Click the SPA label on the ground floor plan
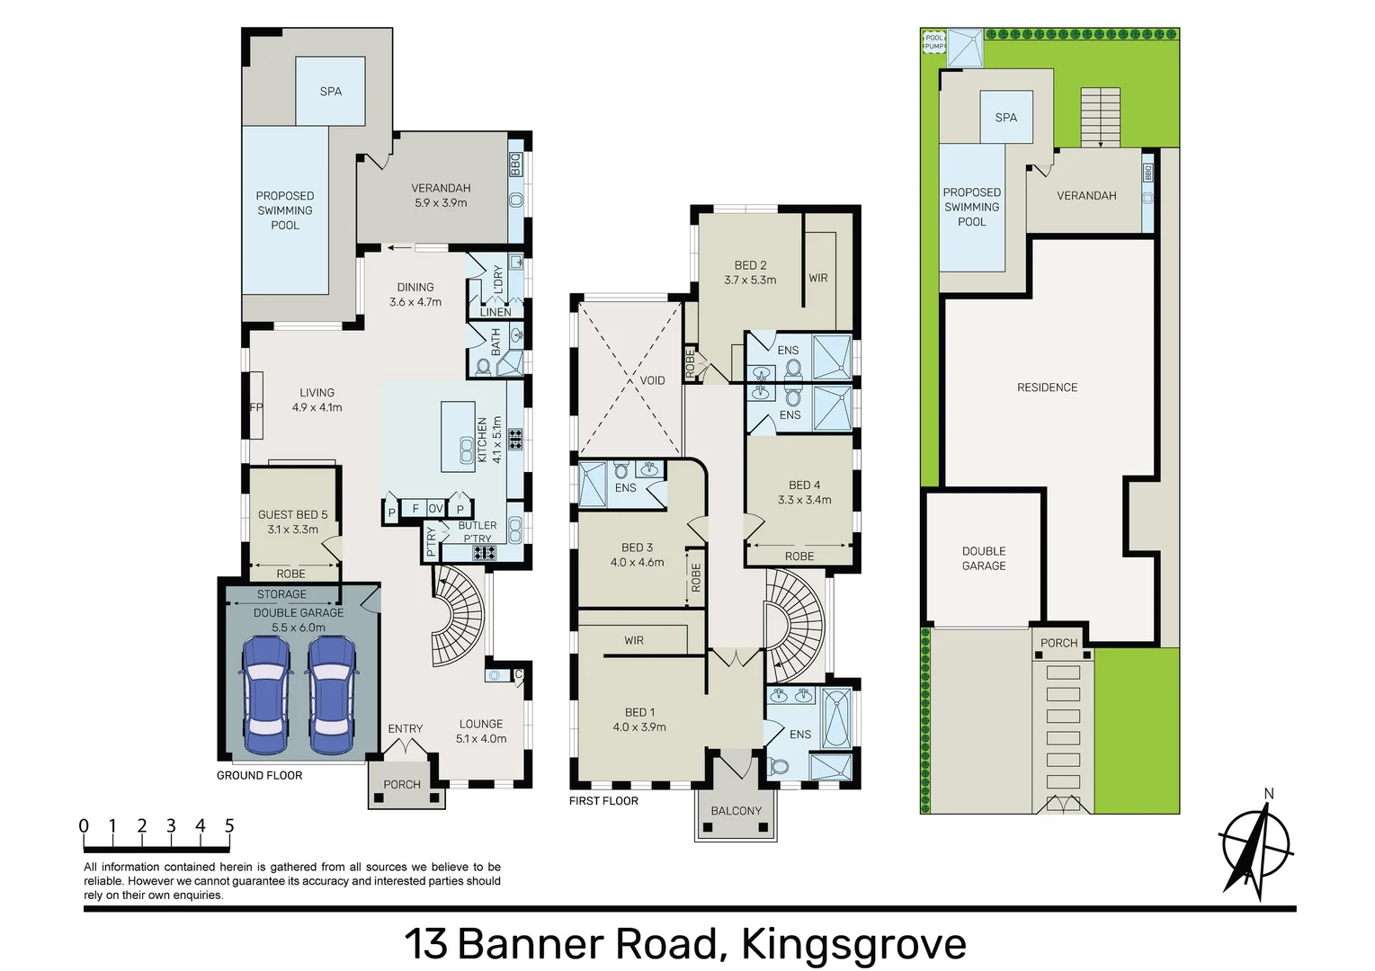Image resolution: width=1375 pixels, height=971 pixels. tap(330, 92)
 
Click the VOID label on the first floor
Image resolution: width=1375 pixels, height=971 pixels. tap(652, 380)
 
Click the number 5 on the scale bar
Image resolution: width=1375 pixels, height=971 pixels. tap(229, 825)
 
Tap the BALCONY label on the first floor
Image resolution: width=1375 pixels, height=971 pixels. tap(736, 811)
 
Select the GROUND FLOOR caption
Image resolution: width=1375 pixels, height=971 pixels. tap(259, 775)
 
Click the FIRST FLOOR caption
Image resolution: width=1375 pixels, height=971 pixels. tap(603, 801)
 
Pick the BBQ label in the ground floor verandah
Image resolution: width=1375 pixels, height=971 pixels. tap(515, 164)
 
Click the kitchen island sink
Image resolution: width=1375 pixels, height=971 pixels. tap(467, 450)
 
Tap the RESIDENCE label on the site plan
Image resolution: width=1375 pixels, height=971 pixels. tap(1047, 388)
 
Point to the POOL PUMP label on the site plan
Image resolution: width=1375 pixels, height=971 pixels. tap(934, 41)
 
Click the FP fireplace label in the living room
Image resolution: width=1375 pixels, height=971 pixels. tap(255, 407)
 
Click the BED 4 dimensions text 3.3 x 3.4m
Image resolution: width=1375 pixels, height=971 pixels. tap(804, 500)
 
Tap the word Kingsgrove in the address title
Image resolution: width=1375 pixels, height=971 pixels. tap(853, 944)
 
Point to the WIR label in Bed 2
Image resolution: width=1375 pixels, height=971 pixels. tap(817, 278)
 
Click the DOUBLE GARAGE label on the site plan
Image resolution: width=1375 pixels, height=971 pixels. tap(984, 558)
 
